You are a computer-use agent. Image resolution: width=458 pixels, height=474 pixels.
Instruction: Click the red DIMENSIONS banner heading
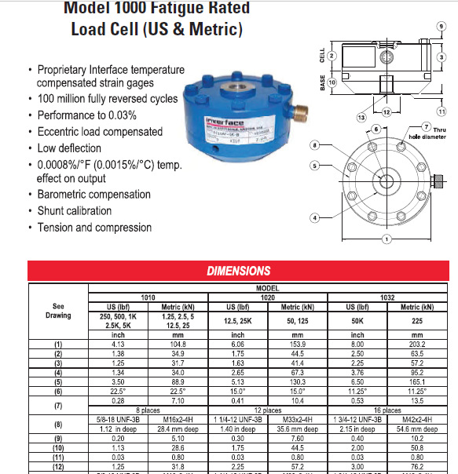238,271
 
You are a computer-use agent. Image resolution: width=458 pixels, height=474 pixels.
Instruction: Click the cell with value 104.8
177,344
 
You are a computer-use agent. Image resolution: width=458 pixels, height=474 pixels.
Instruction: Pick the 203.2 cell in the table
417,344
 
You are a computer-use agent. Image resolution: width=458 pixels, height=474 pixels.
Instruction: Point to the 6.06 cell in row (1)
236,344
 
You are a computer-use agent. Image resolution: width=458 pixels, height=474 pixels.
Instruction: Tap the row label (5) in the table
57,380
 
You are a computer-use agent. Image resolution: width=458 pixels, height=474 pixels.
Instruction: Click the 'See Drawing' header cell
57,311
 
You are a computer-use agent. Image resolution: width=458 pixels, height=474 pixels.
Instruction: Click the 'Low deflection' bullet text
69,148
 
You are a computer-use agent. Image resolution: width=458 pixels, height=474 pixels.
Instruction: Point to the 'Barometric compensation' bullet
93,195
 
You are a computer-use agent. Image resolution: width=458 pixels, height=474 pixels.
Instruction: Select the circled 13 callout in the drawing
362,116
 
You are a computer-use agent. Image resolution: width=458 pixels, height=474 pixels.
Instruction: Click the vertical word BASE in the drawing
322,82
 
